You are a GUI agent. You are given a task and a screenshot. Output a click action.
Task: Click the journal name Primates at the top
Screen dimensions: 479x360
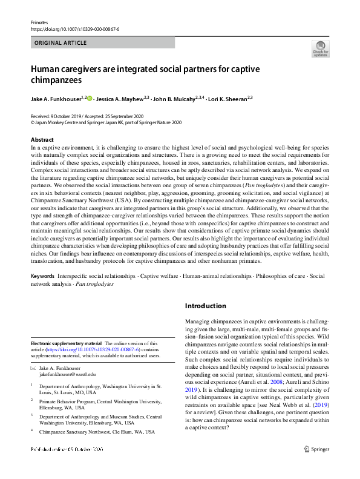tap(39, 22)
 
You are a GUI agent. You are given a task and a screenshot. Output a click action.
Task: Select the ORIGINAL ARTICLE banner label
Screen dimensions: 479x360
tap(61, 43)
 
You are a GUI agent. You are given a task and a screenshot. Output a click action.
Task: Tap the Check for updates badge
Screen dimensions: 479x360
tap(320, 48)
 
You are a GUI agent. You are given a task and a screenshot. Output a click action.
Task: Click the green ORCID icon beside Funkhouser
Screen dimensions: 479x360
tap(91, 97)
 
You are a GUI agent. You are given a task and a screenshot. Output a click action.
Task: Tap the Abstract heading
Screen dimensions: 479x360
tap(42, 140)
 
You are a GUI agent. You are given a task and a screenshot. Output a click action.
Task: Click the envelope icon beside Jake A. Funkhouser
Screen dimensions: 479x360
tap(33, 368)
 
